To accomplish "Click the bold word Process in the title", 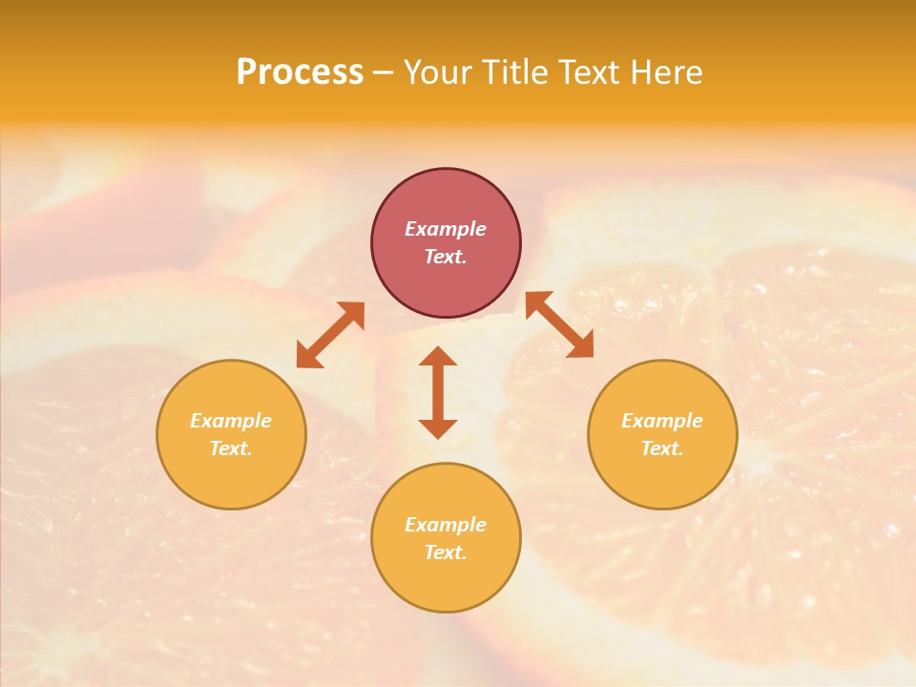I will [300, 73].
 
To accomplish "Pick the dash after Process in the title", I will [383, 73].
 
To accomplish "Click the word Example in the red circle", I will [446, 229].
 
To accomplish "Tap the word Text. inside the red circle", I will [446, 257].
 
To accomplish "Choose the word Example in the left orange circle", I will [231, 421].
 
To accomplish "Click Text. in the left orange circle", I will [231, 448].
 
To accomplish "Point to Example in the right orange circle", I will [662, 421].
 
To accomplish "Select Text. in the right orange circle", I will [662, 448].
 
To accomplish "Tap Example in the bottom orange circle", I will [446, 525].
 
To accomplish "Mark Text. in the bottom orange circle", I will [446, 552].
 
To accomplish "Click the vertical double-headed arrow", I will [438, 392].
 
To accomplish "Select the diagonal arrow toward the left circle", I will [330, 335].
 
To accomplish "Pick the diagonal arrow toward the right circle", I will [559, 324].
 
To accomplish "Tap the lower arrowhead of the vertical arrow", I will [438, 427].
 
